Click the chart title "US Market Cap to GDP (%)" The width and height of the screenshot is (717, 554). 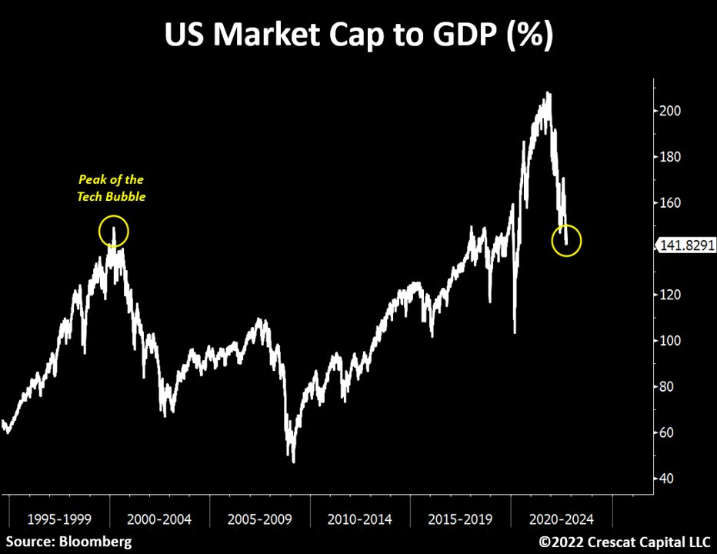[x=358, y=35]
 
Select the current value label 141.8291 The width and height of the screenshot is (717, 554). [x=685, y=245]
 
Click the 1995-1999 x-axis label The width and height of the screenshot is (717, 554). [x=58, y=519]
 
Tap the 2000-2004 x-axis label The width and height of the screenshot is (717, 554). [x=158, y=519]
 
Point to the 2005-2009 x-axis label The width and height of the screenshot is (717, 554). [x=259, y=519]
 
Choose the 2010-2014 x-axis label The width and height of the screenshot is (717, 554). [x=359, y=519]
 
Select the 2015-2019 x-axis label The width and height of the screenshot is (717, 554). [x=460, y=519]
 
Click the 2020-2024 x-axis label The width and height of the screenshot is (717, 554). [x=560, y=519]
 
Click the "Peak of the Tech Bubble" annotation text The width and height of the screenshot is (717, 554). [x=112, y=189]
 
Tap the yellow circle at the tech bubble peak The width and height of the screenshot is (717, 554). [x=114, y=232]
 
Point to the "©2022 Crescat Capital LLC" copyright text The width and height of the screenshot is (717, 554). [x=625, y=542]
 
